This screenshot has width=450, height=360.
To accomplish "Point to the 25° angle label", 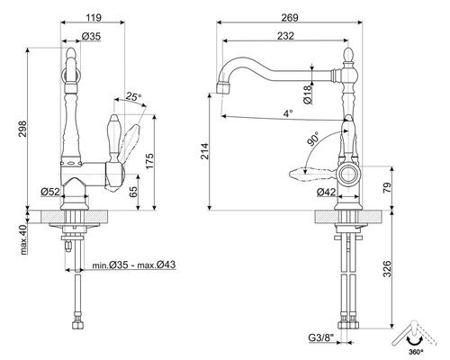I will (x=134, y=96).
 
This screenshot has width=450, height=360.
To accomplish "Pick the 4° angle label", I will (x=286, y=113).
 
